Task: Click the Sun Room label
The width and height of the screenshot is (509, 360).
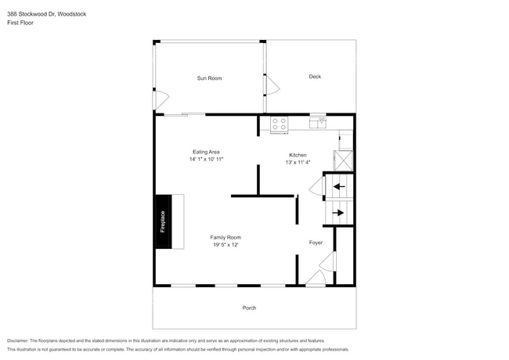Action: pyautogui.click(x=209, y=78)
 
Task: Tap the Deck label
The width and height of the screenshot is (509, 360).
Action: pyautogui.click(x=315, y=77)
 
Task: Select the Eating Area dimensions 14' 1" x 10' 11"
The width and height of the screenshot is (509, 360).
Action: pyautogui.click(x=207, y=160)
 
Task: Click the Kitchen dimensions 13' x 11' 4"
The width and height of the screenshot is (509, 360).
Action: pyautogui.click(x=298, y=163)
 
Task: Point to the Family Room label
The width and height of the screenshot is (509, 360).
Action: pyautogui.click(x=225, y=237)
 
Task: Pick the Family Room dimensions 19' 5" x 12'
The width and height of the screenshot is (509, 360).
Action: pyautogui.click(x=225, y=245)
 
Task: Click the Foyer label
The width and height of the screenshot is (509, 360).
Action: pyautogui.click(x=316, y=243)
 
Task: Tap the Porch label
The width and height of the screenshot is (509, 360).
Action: pyautogui.click(x=249, y=308)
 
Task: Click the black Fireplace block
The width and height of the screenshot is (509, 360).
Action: pyautogui.click(x=163, y=221)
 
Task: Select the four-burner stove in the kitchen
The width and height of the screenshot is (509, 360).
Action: pyautogui.click(x=279, y=124)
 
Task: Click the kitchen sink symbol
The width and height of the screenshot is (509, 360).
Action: pyautogui.click(x=317, y=122)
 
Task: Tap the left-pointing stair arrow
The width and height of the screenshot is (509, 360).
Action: pyautogui.click(x=339, y=186)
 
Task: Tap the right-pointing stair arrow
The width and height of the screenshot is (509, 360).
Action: pyautogui.click(x=339, y=212)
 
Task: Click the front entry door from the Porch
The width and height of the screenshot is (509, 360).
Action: pyautogui.click(x=316, y=279)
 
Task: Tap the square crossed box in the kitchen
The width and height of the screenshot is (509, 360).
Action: pyautogui.click(x=345, y=160)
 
